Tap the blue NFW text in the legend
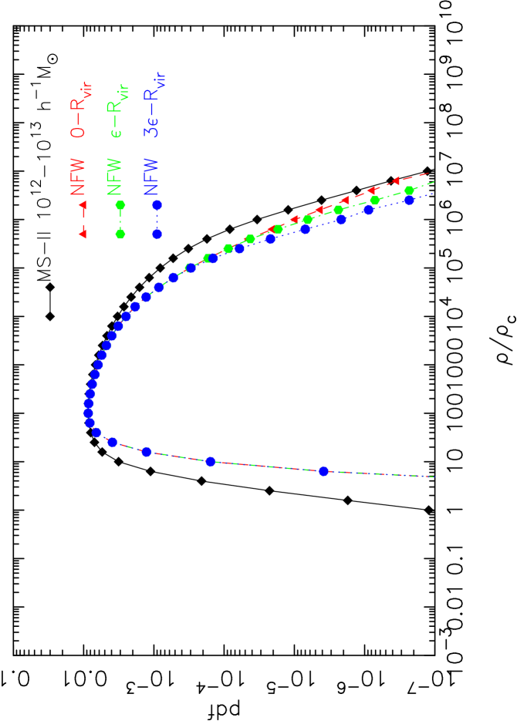(x=152, y=177)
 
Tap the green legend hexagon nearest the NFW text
(x=120, y=205)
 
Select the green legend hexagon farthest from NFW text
(x=120, y=233)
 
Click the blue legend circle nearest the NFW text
(x=157, y=205)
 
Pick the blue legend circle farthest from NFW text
(x=157, y=233)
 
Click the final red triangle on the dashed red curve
(x=396, y=180)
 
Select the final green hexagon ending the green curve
(x=409, y=190)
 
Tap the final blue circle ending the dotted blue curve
(x=410, y=200)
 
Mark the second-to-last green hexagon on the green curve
(x=375, y=200)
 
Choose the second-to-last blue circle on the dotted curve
(x=368, y=210)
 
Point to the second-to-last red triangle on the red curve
(x=371, y=190)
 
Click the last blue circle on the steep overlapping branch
(x=323, y=471)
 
